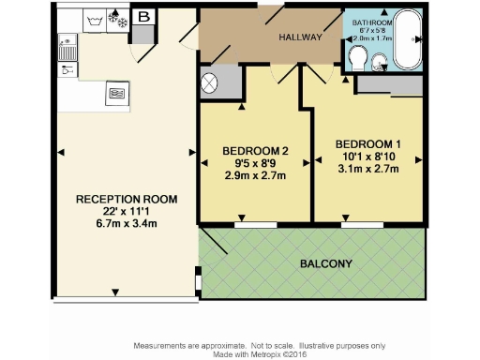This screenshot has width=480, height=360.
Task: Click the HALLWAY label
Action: tap(300, 37)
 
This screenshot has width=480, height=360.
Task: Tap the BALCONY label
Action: tap(326, 263)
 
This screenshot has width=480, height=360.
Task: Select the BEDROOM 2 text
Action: tap(254, 152)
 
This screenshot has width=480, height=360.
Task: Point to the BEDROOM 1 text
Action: tap(367, 143)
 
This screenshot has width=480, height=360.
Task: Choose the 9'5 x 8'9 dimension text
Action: tap(254, 164)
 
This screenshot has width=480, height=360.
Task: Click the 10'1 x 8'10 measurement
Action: tap(367, 157)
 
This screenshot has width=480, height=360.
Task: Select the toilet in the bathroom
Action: tap(355, 59)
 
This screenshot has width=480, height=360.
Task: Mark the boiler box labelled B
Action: tap(143, 17)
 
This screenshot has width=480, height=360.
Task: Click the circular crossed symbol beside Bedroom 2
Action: tap(210, 82)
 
